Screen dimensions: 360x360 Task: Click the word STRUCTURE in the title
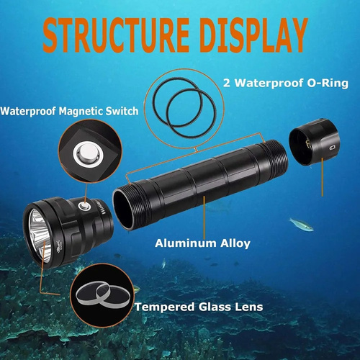[x=116, y=35]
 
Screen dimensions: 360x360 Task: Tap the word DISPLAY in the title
[x=254, y=35]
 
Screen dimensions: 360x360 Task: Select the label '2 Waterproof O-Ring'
[x=286, y=83]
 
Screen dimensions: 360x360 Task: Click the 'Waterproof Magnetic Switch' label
[x=69, y=111]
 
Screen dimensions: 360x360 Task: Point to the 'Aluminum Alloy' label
[x=202, y=243]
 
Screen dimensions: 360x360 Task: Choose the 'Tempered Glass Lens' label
[x=199, y=307]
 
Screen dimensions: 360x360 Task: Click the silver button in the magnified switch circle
[x=89, y=154]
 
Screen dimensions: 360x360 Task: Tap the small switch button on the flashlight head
[x=84, y=206]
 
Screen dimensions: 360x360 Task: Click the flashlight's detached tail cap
[x=314, y=142]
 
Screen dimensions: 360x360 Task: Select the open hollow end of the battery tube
[x=123, y=210]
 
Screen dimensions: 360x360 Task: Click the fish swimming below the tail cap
[x=301, y=225]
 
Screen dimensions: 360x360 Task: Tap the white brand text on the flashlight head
[x=98, y=207]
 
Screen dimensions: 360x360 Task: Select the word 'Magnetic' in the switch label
[x=81, y=111]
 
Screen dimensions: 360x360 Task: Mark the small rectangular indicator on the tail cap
[x=332, y=148]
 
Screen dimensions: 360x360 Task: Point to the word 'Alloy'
[x=235, y=243]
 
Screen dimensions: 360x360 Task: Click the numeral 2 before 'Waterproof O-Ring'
[x=227, y=84]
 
